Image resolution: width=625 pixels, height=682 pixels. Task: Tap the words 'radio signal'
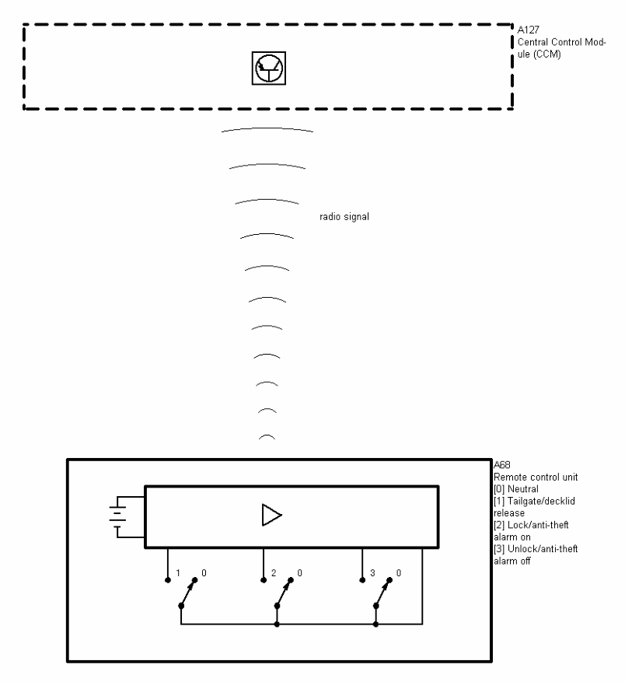tap(344, 217)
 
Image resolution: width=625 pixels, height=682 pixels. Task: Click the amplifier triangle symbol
tap(271, 516)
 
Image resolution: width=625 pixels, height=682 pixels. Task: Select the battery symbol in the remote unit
tap(117, 516)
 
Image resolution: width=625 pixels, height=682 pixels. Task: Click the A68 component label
tap(502, 465)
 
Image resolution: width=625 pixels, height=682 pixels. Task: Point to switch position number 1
tap(178, 573)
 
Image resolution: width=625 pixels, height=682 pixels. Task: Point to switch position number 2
tap(274, 573)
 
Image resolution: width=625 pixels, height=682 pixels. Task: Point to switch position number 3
tap(372, 573)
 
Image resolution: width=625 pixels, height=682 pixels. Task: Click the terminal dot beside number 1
tap(167, 579)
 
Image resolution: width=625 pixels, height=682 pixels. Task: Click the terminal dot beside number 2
tap(264, 579)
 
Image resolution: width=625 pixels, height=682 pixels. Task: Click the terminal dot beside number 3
tap(361, 579)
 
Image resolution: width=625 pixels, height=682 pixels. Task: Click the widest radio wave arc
tap(267, 129)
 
